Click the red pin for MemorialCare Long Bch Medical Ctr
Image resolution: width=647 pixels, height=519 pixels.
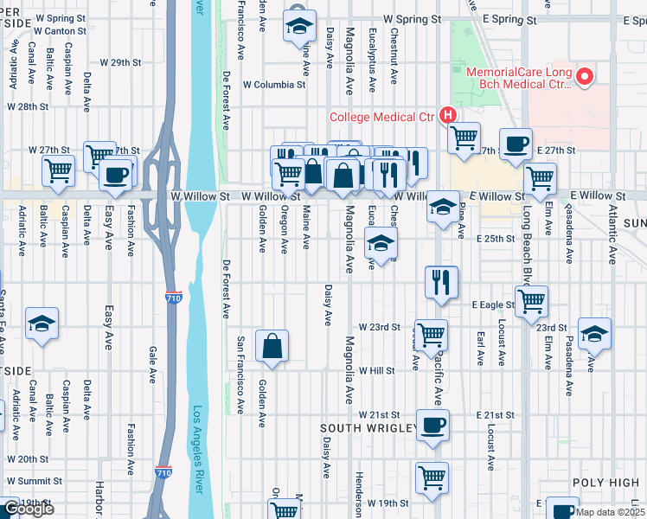(585, 78)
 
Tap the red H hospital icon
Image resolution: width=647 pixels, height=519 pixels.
(448, 115)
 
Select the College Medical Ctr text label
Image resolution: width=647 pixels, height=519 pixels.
(383, 117)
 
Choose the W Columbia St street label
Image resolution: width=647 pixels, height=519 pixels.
(275, 85)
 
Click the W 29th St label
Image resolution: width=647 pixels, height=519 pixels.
(120, 62)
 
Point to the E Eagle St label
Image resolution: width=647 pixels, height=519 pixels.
(493, 304)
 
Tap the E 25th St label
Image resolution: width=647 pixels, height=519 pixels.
(493, 238)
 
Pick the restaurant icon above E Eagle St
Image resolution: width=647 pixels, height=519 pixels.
(441, 281)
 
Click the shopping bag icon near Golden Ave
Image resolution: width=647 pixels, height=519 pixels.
(272, 345)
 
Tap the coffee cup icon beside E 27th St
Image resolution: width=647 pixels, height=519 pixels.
(516, 144)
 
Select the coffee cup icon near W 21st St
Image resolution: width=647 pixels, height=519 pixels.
(432, 425)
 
